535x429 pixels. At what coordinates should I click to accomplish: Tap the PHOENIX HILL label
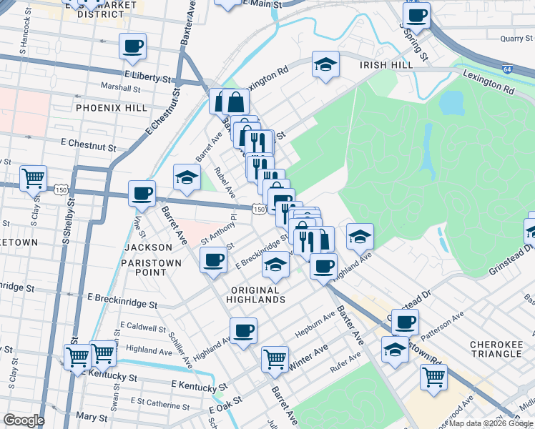click(x=111, y=108)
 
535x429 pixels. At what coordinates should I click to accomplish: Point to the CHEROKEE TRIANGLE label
click(x=496, y=350)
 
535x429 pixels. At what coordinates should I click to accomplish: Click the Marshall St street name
click(x=119, y=88)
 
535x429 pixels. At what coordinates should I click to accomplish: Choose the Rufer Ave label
click(x=345, y=368)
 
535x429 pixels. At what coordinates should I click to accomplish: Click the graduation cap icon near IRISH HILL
click(x=325, y=65)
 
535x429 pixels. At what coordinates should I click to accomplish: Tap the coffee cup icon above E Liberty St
click(x=133, y=46)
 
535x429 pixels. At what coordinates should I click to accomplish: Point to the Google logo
click(x=24, y=420)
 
